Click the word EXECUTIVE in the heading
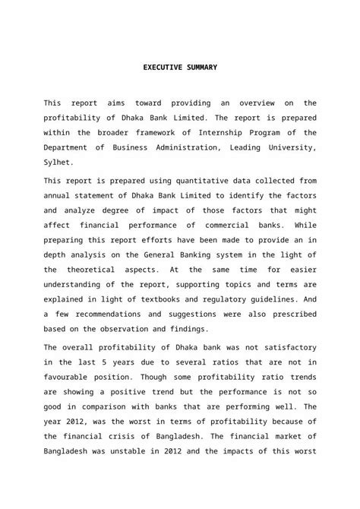tap(162, 68)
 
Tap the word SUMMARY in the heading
tap(199, 68)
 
